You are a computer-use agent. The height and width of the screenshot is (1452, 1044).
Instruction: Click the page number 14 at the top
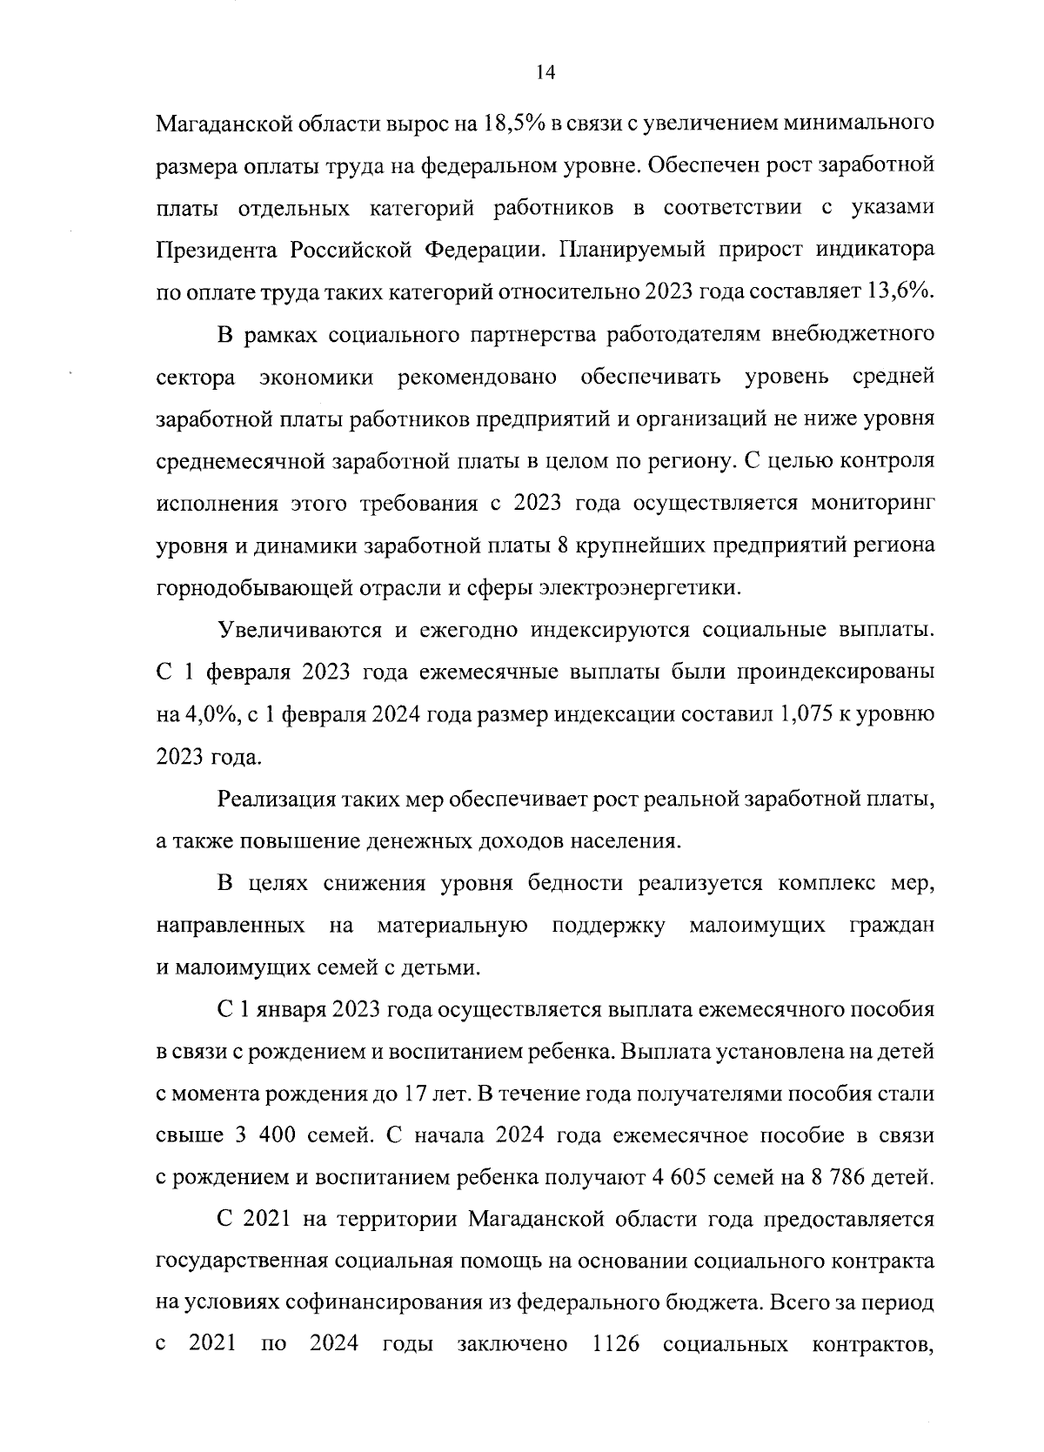pos(545,73)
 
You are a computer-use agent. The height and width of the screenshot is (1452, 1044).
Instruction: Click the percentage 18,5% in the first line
pos(512,122)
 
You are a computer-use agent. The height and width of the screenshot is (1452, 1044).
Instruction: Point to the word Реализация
pos(276,799)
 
